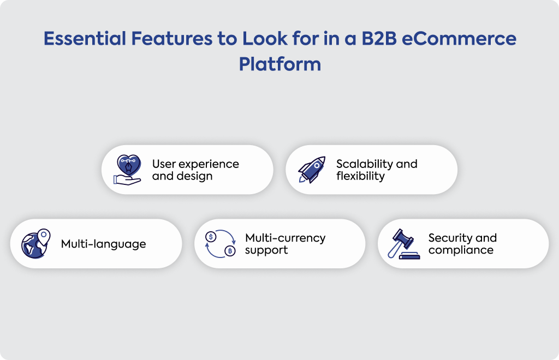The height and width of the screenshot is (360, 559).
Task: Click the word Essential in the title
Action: pos(85,39)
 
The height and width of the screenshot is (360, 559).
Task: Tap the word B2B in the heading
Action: pos(379,39)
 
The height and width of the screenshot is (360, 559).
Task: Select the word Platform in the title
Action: pos(280,64)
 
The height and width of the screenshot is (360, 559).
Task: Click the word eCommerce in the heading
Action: pos(459,39)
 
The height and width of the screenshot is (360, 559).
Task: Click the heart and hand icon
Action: pos(127,170)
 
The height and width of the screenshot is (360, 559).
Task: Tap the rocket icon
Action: pos(312,170)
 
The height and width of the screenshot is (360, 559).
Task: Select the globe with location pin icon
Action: pos(35,244)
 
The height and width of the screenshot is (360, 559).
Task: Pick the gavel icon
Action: pos(403,244)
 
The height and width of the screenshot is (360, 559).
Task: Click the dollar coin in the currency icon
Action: pos(211,236)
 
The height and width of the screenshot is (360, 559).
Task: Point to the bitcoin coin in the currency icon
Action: pos(230,251)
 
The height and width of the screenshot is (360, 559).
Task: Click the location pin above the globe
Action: pos(44,237)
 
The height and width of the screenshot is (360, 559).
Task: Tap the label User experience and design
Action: pos(195,170)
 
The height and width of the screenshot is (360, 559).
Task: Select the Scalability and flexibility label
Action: pos(377,170)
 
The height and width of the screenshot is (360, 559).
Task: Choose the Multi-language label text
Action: pos(103,244)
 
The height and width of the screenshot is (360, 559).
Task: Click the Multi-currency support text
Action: pos(285,244)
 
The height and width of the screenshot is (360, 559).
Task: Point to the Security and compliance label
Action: pos(462,244)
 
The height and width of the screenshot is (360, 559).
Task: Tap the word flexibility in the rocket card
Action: pos(360,176)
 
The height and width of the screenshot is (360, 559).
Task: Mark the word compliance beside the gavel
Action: pos(461,250)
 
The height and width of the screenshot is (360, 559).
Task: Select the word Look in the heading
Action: pos(265,39)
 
